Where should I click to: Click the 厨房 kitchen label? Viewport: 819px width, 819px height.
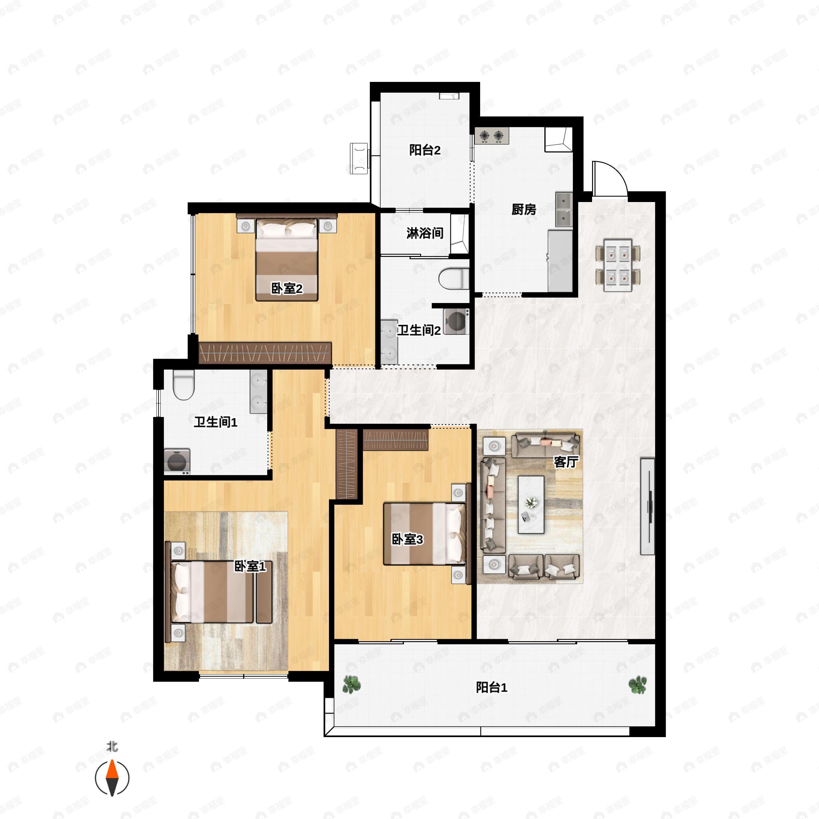523,210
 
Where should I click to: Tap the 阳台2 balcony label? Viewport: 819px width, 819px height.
425,150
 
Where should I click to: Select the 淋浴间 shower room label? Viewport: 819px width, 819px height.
425,233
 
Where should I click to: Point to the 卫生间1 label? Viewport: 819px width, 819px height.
215,422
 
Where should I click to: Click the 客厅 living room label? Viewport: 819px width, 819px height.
566,462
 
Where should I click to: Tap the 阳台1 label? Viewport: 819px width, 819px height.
491,687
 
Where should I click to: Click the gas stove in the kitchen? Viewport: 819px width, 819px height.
492,136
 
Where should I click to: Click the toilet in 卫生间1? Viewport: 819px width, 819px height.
184,385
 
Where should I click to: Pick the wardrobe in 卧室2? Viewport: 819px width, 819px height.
265,353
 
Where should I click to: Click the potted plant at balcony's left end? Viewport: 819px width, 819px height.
351,684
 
